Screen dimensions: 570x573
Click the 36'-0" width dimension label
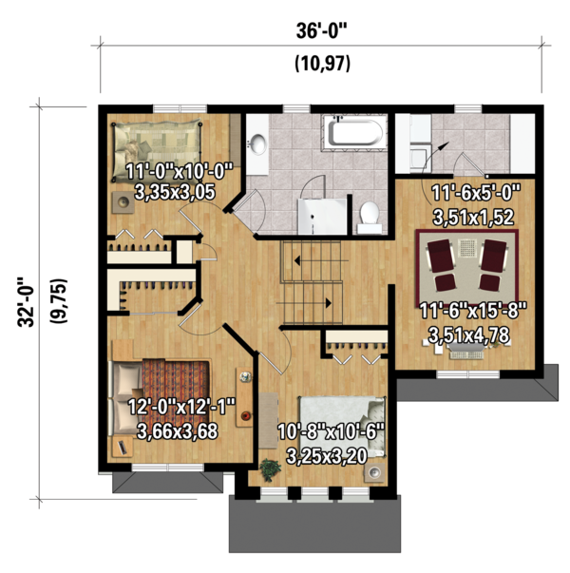321,30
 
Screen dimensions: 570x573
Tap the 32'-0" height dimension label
27,302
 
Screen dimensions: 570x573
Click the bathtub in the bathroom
354,132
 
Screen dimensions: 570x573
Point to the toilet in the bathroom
370,218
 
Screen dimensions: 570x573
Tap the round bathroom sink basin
258,143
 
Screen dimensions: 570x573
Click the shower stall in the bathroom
322,217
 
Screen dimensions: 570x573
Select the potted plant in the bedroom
270,469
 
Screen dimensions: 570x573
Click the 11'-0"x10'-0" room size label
179,171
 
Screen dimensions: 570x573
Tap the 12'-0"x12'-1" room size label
181,406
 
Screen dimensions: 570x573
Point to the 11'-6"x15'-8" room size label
472,311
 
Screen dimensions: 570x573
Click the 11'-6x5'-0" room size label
476,192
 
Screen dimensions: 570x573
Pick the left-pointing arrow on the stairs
321,261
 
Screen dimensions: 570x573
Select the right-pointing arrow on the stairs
304,303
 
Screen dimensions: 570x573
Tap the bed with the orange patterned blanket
161,397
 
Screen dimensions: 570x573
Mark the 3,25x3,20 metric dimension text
327,456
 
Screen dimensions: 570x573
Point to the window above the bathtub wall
296,108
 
